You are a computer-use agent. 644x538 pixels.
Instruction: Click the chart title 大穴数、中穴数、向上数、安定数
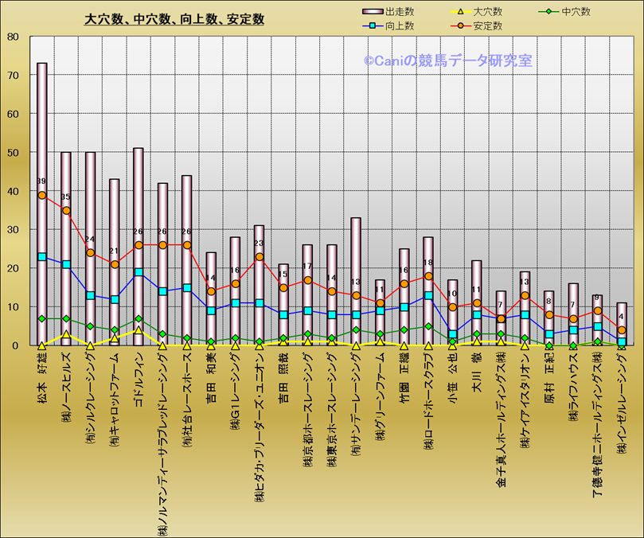pos(174,19)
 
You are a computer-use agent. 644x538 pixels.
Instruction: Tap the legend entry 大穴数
pos(487,12)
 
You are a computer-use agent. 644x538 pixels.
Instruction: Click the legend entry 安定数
pos(487,25)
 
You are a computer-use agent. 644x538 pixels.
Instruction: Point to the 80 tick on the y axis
pos(14,37)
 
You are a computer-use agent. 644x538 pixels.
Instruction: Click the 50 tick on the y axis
pos(14,153)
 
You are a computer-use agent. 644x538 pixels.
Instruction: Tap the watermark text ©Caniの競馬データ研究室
pos(448,60)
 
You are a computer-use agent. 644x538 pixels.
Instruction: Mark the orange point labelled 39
pos(42,195)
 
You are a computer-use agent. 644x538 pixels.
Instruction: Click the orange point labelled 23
pos(259,257)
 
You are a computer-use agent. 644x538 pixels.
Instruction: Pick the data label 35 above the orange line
pos(66,197)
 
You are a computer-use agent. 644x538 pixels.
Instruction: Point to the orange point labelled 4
pos(622,330)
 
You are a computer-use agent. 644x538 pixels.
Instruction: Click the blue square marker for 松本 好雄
pos(42,257)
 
